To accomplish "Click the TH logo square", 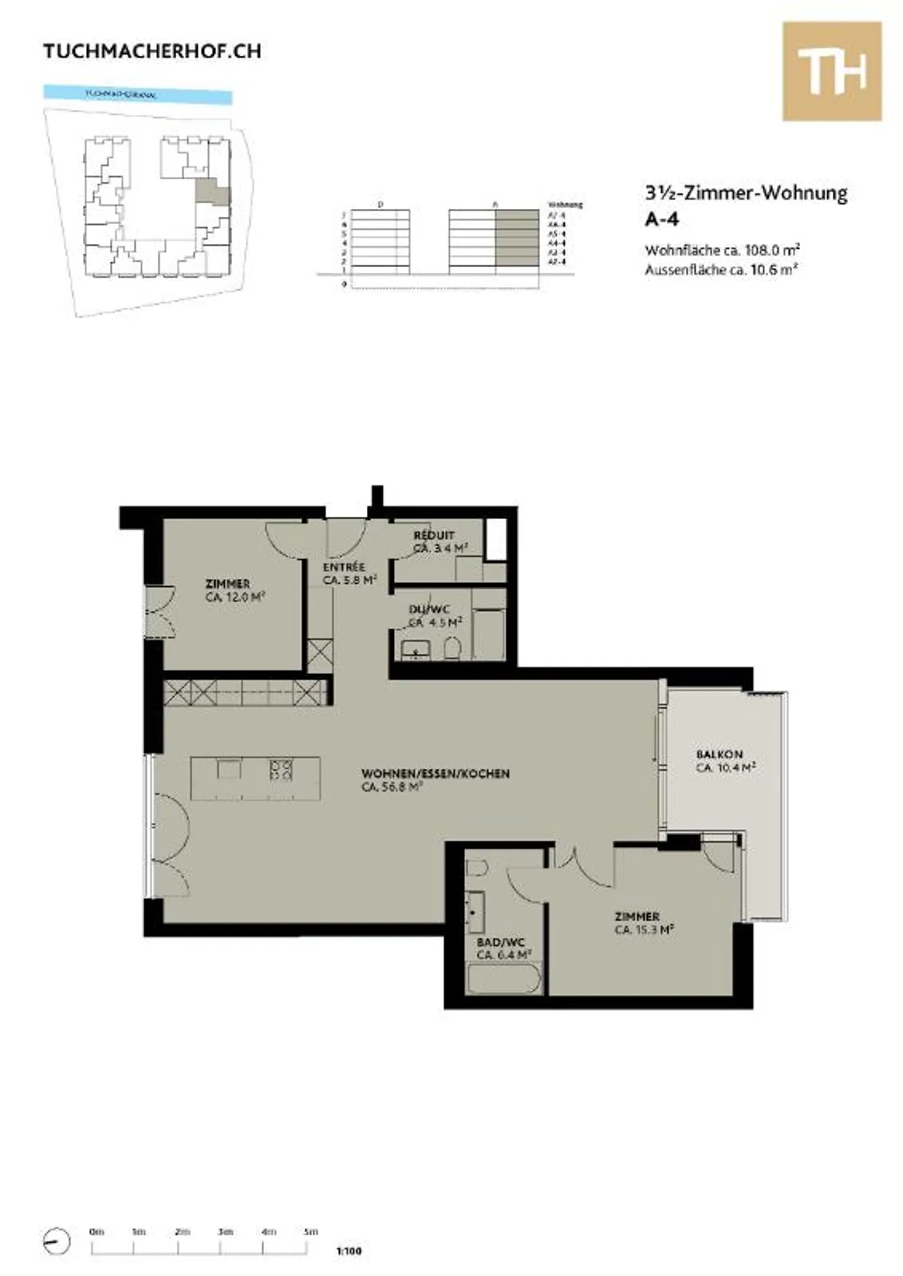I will [832, 71].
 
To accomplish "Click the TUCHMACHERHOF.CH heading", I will [152, 51].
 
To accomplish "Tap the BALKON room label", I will [719, 754].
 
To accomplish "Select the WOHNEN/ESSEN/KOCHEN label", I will [435, 773].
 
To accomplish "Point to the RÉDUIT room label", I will [434, 535].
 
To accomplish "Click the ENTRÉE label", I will [344, 567].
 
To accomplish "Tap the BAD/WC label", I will [500, 942].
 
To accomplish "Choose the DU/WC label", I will [429, 609].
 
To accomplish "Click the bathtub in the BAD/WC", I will [503, 979].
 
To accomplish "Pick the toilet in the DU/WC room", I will [452, 648].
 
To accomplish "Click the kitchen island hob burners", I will [281, 769].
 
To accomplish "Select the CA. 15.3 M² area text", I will [644, 930].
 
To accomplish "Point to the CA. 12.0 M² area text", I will [235, 598].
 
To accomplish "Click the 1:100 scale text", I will [349, 1251].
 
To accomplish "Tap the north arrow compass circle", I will [57, 1240].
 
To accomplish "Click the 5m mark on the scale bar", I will [310, 1231].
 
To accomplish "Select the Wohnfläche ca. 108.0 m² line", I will [722, 250].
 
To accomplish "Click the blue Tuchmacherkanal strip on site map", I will [137, 95].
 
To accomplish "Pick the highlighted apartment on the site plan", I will [212, 192].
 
